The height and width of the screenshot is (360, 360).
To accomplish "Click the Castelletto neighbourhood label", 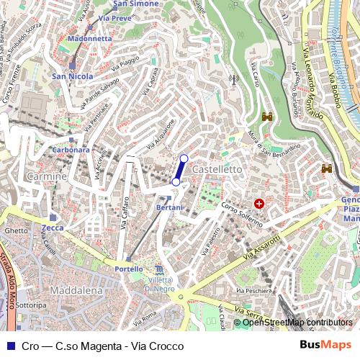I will [218, 168].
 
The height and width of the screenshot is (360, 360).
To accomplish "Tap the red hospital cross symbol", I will [258, 204].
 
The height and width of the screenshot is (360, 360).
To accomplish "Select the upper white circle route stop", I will [184, 158].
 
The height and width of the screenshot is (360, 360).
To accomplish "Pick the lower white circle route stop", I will [176, 183].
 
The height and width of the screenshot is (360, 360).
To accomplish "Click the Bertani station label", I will [170, 207].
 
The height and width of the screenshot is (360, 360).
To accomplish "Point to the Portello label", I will [129, 269].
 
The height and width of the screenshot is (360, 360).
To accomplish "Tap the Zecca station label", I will [53, 228].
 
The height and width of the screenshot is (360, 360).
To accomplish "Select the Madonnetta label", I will [89, 37].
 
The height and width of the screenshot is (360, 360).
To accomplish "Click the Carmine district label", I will [46, 176].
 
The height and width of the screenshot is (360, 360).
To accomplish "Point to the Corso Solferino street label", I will [242, 214].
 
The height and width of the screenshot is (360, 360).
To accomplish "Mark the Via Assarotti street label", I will [262, 248].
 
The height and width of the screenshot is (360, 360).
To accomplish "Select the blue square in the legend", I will [9, 346].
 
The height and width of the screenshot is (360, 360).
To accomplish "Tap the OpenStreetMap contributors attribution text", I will [297, 323].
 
